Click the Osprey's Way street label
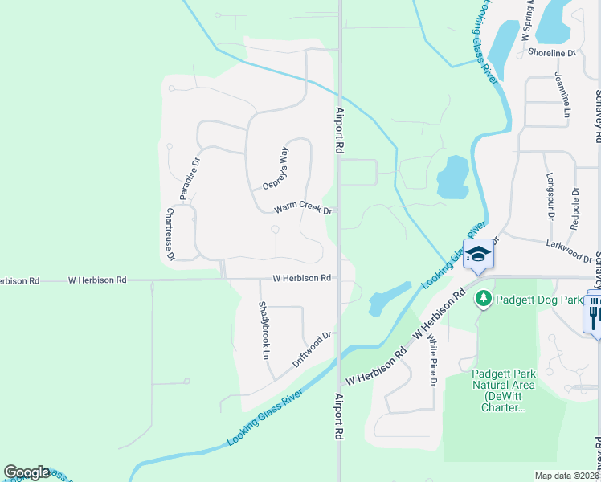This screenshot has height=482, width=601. pyautogui.click(x=275, y=168)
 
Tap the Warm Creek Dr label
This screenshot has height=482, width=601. pyautogui.click(x=303, y=209)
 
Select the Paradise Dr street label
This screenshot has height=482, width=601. pyautogui.click(x=189, y=178)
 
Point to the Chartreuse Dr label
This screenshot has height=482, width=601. pyautogui.click(x=170, y=235)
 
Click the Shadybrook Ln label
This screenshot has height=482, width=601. pyautogui.click(x=263, y=329)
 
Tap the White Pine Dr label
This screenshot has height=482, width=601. pyautogui.click(x=431, y=361)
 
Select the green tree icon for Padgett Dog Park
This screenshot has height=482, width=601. pyautogui.click(x=483, y=300)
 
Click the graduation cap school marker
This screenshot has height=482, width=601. pyautogui.click(x=478, y=255)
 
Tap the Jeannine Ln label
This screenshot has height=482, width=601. pyautogui.click(x=560, y=94)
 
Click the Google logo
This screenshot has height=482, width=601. pyautogui.click(x=27, y=472)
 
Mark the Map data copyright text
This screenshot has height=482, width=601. pyautogui.click(x=566, y=476)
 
